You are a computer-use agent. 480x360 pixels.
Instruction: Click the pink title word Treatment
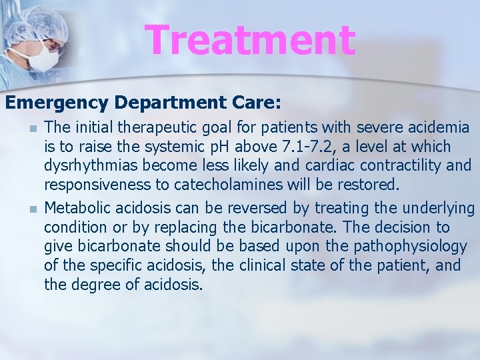point(251,39)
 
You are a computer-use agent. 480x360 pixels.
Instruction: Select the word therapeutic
point(167,127)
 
